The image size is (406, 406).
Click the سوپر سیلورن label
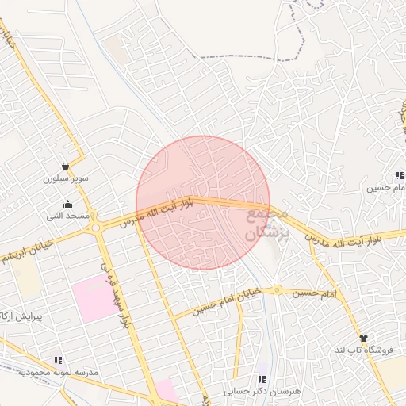(x=67, y=179)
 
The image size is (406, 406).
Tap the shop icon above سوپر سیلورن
(x=64, y=167)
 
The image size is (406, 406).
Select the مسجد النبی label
(x=70, y=216)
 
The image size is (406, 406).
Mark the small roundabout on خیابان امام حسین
(x=278, y=290)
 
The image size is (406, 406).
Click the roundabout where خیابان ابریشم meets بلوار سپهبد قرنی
(x=96, y=227)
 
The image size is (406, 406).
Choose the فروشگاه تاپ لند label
(x=361, y=350)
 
